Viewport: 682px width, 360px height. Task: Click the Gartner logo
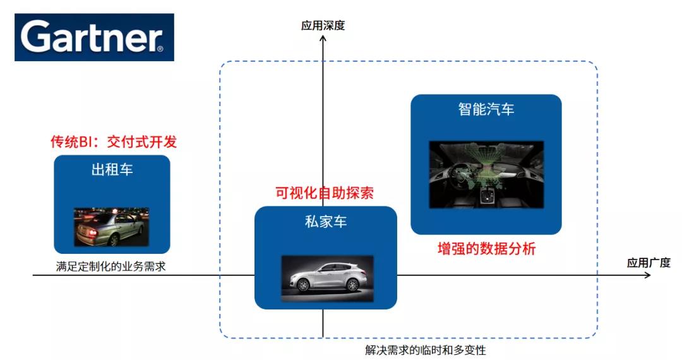pyautogui.click(x=94, y=37)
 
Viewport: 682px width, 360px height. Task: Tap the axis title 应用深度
pyautogui.click(x=323, y=26)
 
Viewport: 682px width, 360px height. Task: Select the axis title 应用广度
pyautogui.click(x=649, y=263)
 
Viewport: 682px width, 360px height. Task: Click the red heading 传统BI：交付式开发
pyautogui.click(x=114, y=141)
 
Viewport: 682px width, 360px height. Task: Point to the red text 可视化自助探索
pyautogui.click(x=325, y=193)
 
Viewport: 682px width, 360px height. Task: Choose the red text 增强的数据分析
pyautogui.click(x=486, y=249)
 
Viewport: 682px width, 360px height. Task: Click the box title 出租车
pyautogui.click(x=112, y=169)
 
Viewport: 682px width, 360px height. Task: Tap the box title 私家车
pyautogui.click(x=326, y=222)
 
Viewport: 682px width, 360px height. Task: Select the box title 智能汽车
pyautogui.click(x=486, y=109)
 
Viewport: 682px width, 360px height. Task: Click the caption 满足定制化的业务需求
pyautogui.click(x=111, y=267)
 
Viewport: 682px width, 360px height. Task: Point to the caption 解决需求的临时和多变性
pyautogui.click(x=426, y=350)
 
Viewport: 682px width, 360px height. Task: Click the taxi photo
pyautogui.click(x=111, y=227)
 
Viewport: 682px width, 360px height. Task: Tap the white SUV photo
pyautogui.click(x=327, y=279)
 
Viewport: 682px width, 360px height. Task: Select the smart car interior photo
pyautogui.click(x=486, y=174)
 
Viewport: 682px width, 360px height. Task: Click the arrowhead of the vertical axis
pyautogui.click(x=323, y=39)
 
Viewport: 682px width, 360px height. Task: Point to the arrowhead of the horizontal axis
pyautogui.click(x=648, y=275)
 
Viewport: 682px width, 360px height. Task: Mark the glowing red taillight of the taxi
pyautogui.click(x=92, y=233)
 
